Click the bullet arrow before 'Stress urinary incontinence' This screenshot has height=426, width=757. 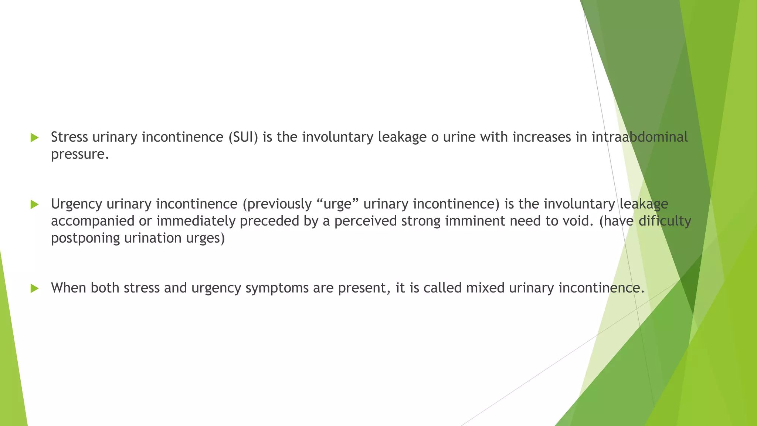pyautogui.click(x=34, y=138)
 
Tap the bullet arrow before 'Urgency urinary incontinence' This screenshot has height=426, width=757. pyautogui.click(x=34, y=204)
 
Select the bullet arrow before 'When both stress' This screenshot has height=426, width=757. pyautogui.click(x=34, y=288)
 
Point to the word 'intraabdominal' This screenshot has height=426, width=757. pyautogui.click(x=639, y=137)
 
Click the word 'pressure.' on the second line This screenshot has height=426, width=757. pyautogui.click(x=80, y=155)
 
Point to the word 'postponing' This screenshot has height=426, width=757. pyautogui.click(x=85, y=238)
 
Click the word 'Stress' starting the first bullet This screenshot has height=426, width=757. pyautogui.click(x=69, y=137)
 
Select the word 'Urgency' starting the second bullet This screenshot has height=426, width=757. pyautogui.click(x=77, y=204)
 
